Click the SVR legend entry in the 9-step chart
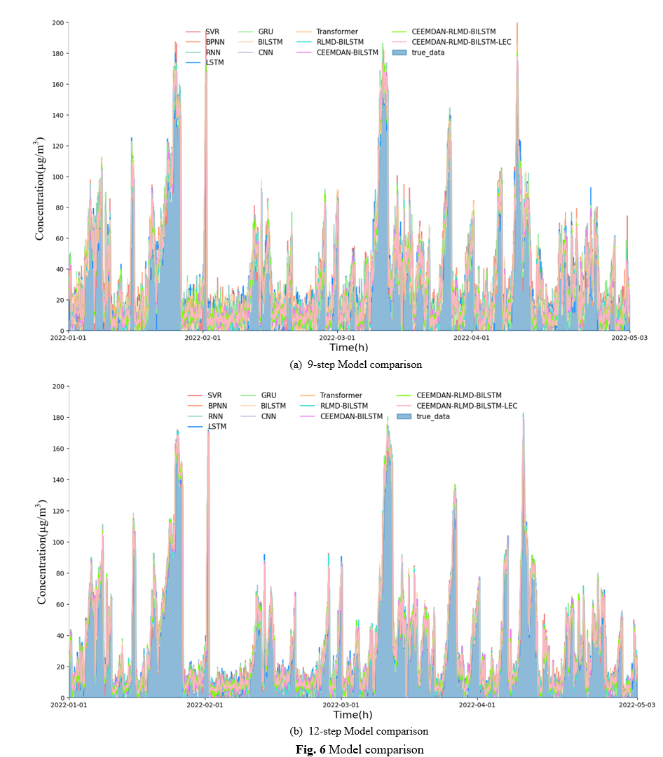click(x=212, y=32)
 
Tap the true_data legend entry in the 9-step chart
click(x=428, y=53)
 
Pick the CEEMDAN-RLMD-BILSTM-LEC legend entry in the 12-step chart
click(x=467, y=406)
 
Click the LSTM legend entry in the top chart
click(x=214, y=63)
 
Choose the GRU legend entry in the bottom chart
click(x=268, y=395)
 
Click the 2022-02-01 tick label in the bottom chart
click(x=205, y=704)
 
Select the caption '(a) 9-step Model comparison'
click(x=355, y=364)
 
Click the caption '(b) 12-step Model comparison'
click(x=358, y=731)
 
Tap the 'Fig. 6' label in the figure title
click(x=310, y=749)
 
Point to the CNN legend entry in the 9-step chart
click(x=266, y=53)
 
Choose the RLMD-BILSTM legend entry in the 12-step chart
click(x=343, y=406)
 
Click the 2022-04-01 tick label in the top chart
click(x=472, y=337)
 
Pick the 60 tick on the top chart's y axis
click(x=60, y=238)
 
